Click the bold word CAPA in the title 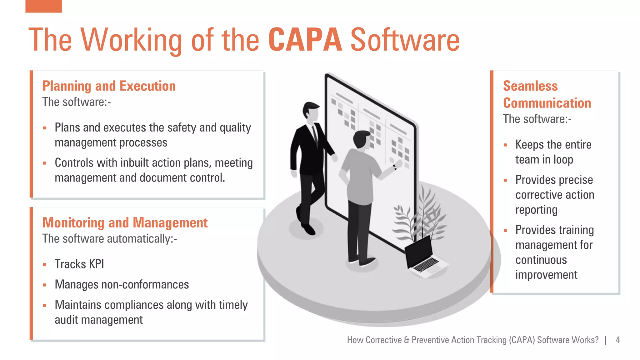[x=305, y=40]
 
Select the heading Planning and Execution [x=109, y=86]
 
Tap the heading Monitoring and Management [x=125, y=223]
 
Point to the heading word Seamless [x=530, y=86]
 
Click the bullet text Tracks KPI [x=79, y=264]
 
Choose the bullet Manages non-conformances [x=122, y=285]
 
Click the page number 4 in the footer [x=618, y=340]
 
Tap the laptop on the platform [x=422, y=256]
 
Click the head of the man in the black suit [x=311, y=111]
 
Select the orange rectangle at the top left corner [x=43, y=6]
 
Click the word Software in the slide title [x=405, y=40]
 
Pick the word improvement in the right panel [x=546, y=275]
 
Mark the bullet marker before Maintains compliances [x=45, y=305]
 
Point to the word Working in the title [x=132, y=40]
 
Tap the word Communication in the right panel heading [x=547, y=103]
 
